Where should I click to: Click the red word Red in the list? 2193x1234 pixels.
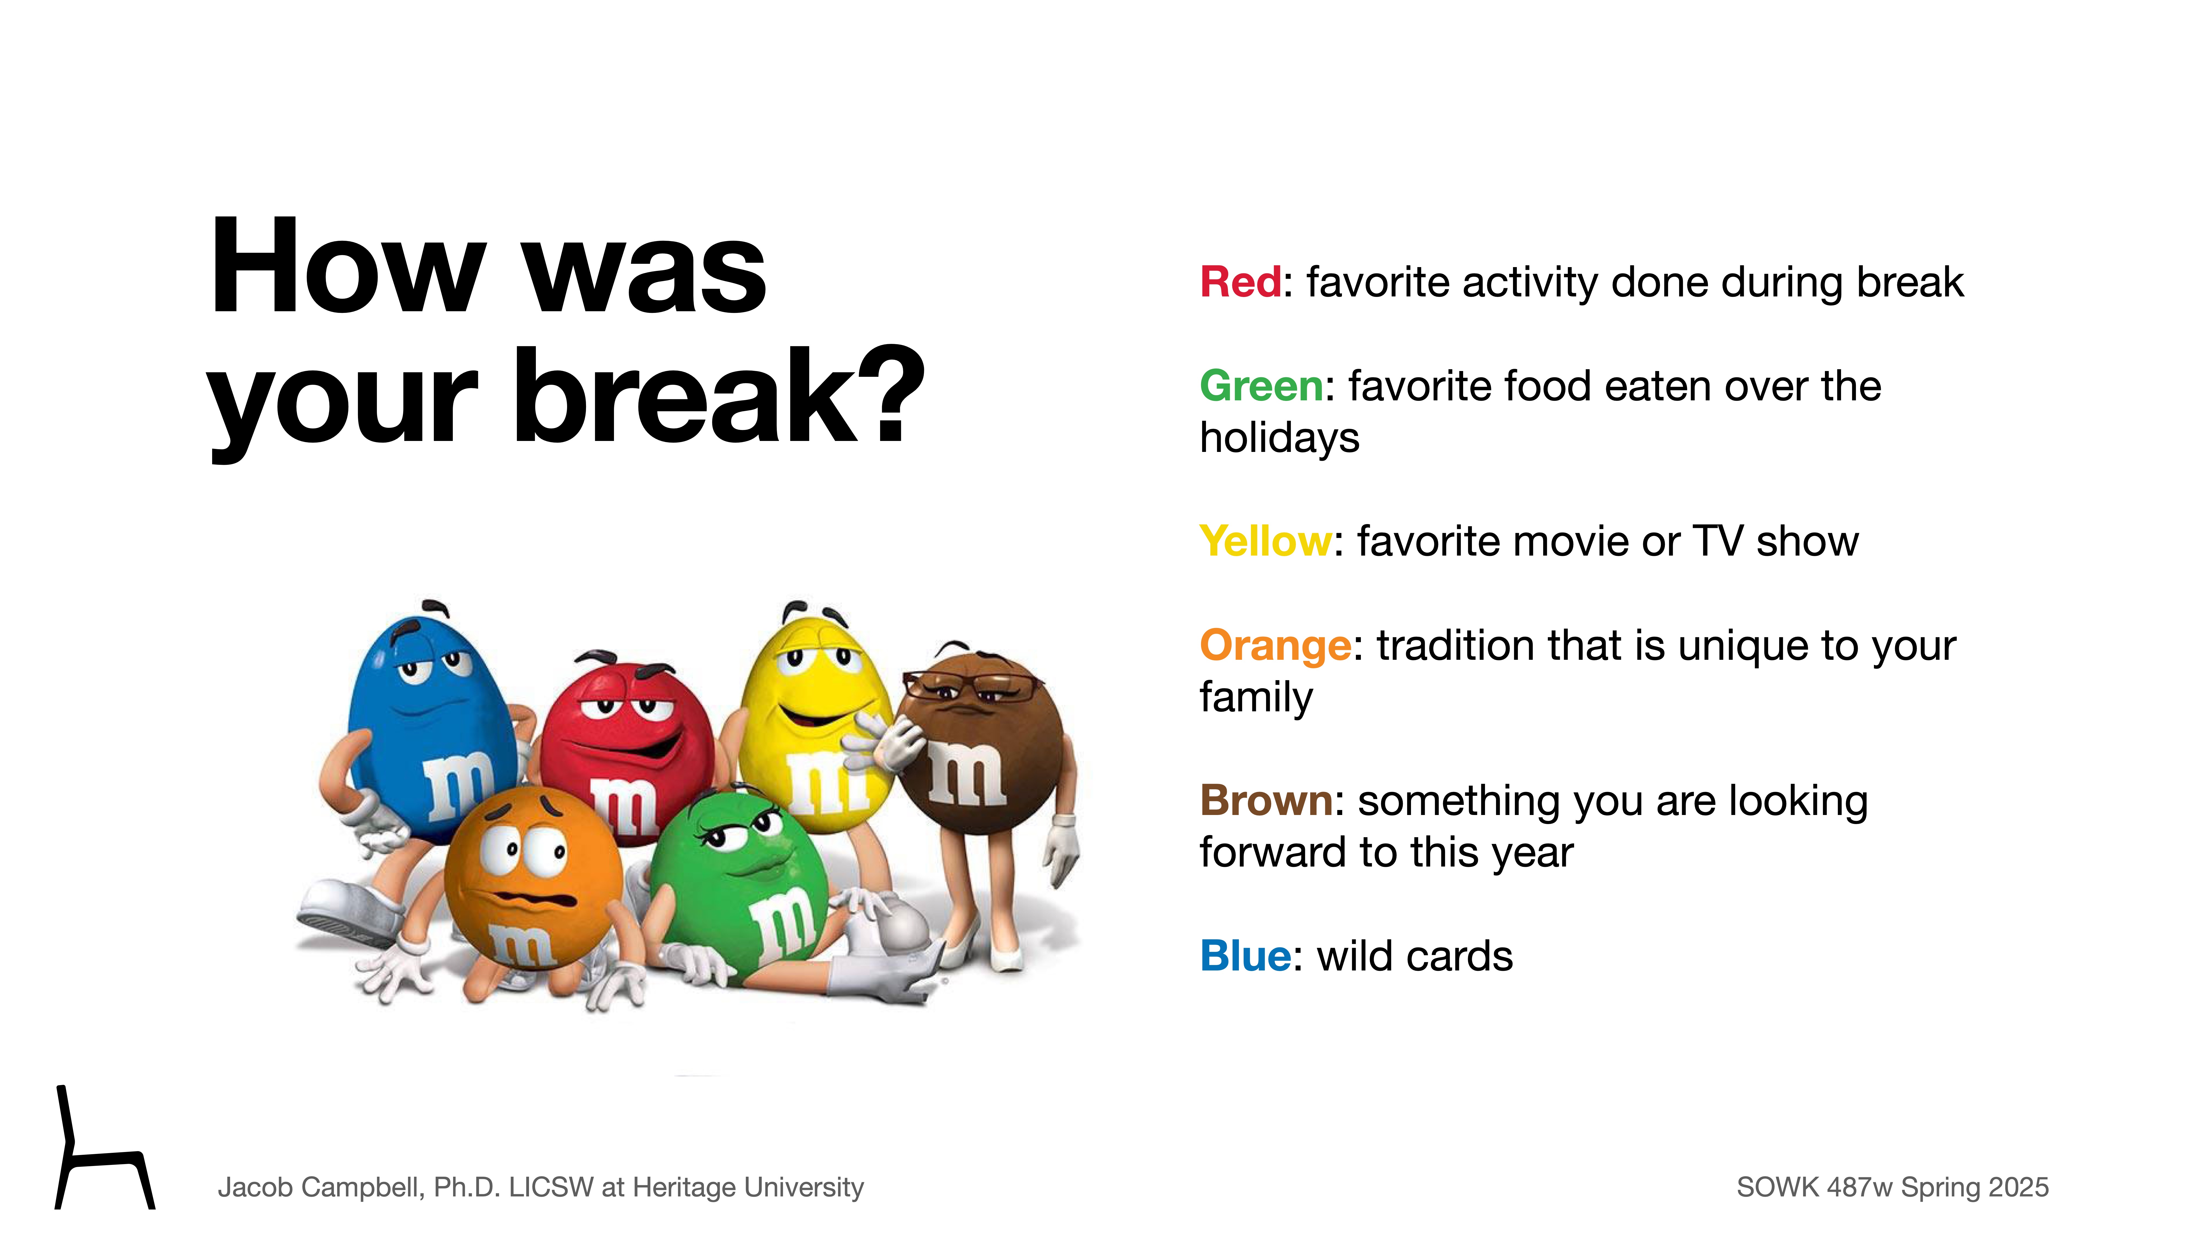(1239, 282)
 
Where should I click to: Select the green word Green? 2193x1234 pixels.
(1261, 387)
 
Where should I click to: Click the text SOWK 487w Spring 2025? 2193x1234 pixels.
(1892, 1187)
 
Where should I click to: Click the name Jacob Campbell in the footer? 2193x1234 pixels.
(319, 1187)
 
